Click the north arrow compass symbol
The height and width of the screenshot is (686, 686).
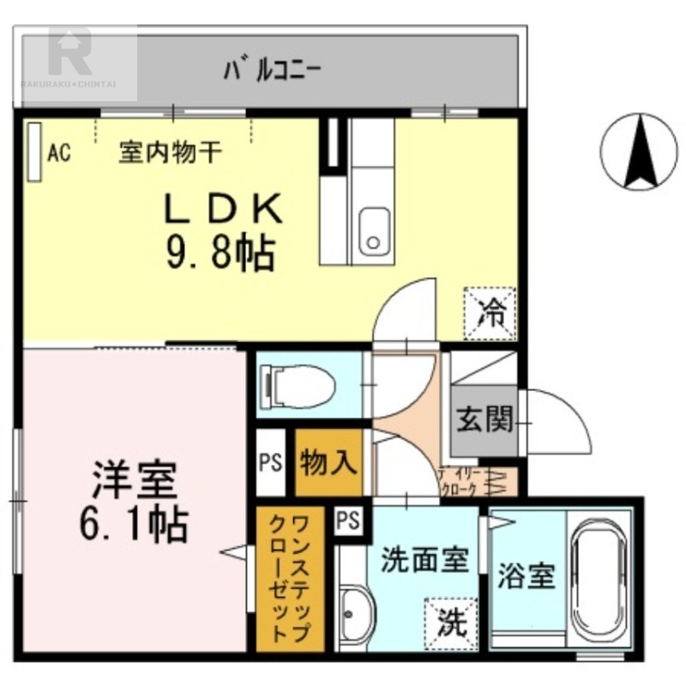(x=639, y=153)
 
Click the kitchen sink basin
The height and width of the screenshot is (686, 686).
(x=373, y=230)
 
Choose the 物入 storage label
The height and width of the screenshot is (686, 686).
(x=328, y=462)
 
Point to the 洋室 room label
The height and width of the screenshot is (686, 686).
(x=135, y=481)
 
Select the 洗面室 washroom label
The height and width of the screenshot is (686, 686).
(x=424, y=560)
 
